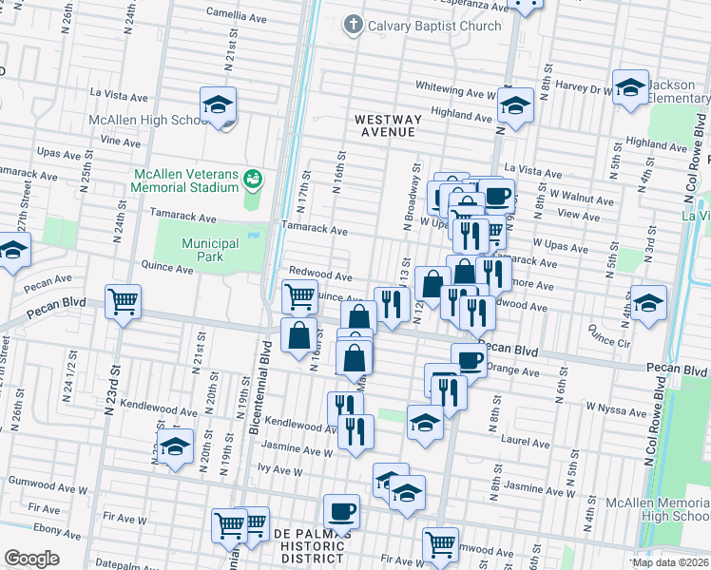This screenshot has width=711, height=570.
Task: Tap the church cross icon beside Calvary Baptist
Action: click(354, 25)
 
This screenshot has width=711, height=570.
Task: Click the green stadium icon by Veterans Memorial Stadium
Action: click(252, 178)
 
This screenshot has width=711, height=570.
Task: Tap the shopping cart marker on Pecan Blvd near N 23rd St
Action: click(124, 302)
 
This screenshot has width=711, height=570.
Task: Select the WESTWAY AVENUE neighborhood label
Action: click(385, 126)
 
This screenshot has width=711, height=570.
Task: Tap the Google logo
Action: click(31, 558)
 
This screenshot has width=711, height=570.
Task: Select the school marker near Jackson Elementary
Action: click(630, 88)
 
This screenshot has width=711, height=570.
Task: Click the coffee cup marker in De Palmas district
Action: click(341, 511)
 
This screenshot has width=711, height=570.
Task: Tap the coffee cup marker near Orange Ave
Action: click(469, 360)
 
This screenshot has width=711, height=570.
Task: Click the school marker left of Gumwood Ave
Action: click(175, 446)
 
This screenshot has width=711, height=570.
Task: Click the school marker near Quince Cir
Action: click(648, 303)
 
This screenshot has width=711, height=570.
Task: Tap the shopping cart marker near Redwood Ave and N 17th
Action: click(300, 297)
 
